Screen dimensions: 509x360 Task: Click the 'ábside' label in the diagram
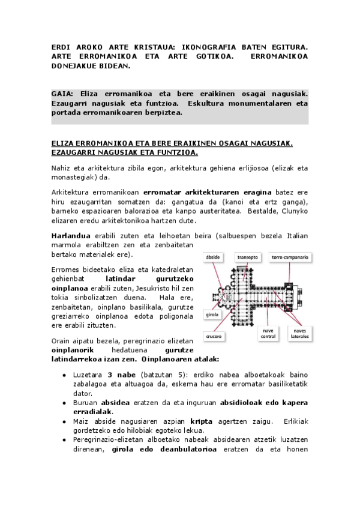point(213,256)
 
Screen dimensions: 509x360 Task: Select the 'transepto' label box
point(247,256)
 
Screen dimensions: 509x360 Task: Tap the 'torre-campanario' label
point(290,256)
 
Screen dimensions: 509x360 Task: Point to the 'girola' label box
point(212,314)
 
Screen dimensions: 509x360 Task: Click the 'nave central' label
point(268,333)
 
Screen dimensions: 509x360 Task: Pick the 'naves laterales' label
point(299,333)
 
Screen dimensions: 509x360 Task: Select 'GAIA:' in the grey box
point(62,94)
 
